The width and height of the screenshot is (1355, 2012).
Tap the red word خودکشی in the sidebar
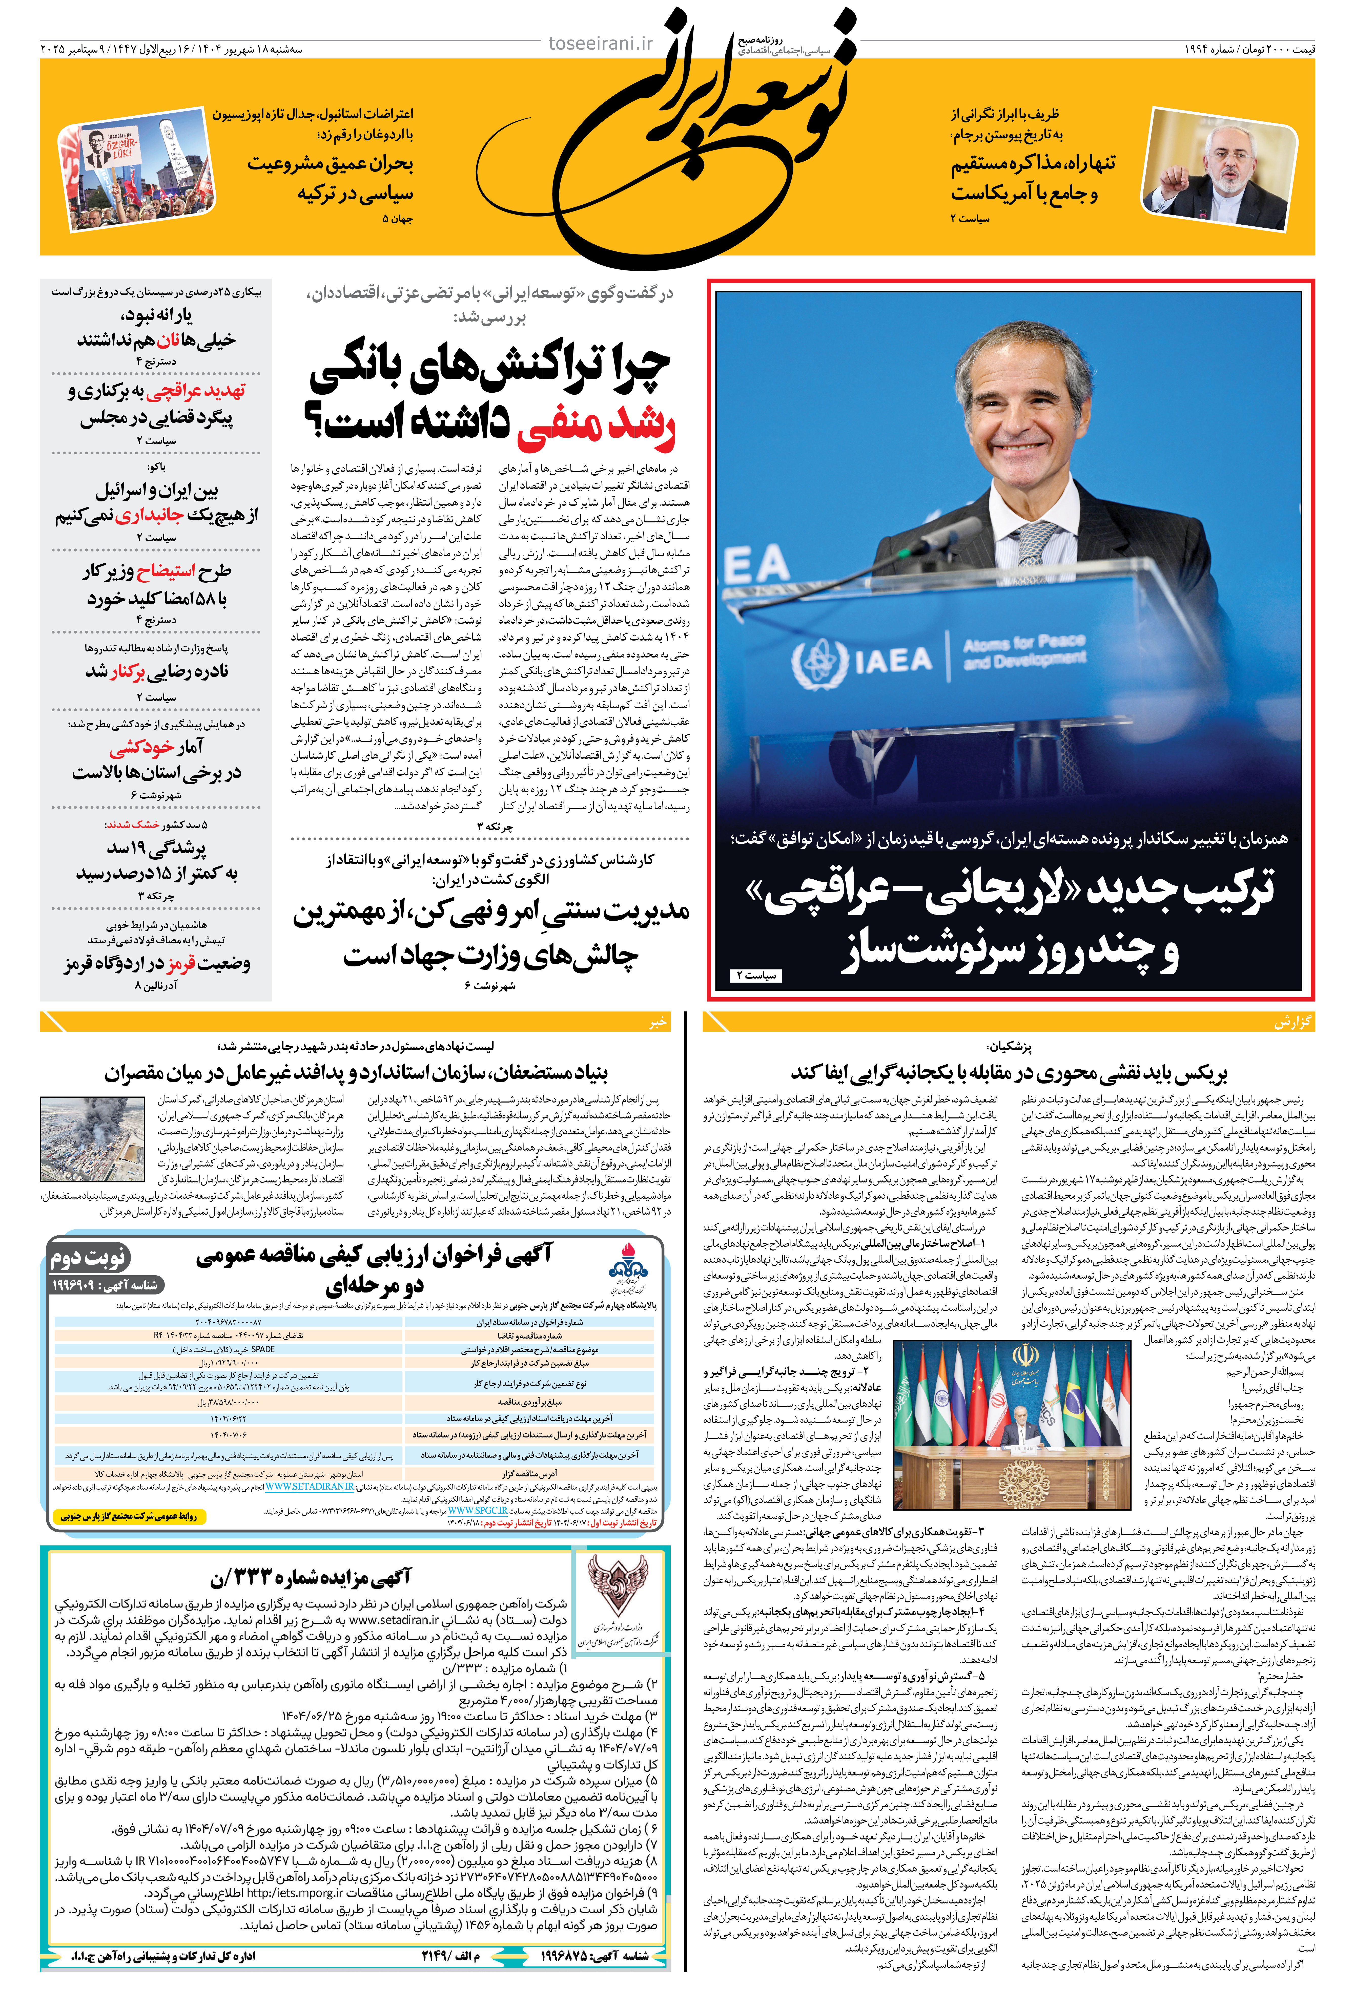[142, 747]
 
